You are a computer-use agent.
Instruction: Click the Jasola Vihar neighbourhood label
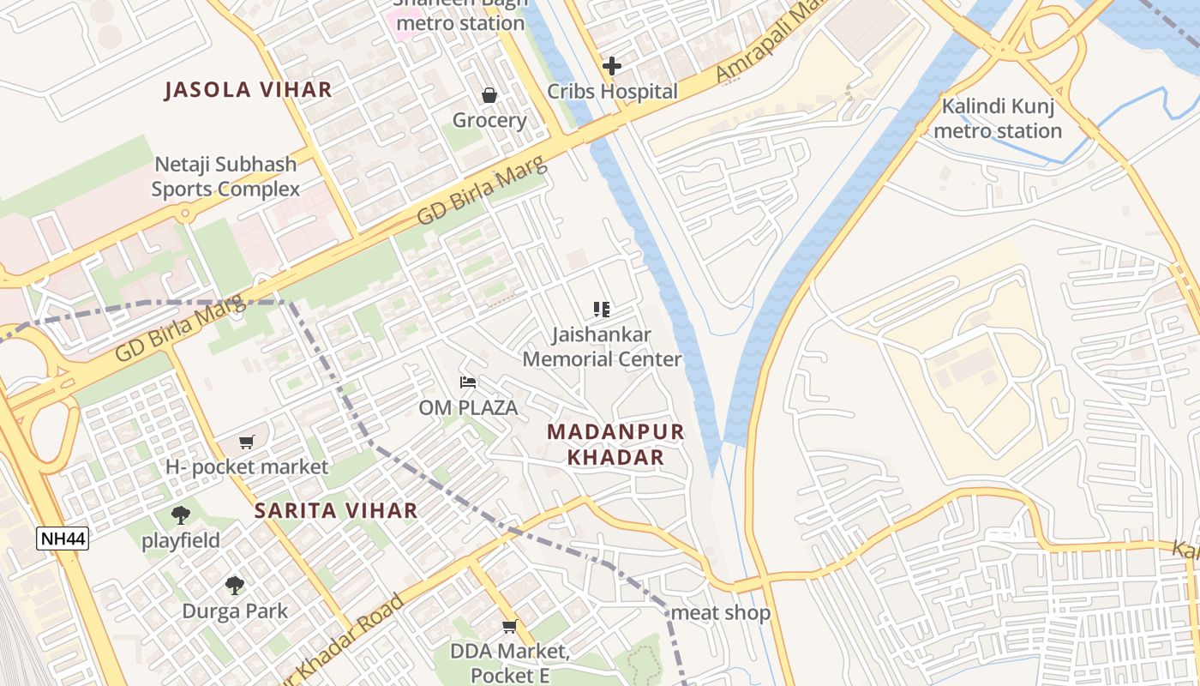click(248, 90)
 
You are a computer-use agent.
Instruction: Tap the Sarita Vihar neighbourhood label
click(336, 511)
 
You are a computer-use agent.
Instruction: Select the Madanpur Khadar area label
click(615, 444)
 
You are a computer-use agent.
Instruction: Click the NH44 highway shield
click(63, 539)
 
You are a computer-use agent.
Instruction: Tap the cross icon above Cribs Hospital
click(611, 66)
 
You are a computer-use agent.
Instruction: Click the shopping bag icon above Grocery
click(489, 95)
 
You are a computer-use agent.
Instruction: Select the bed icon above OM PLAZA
click(468, 382)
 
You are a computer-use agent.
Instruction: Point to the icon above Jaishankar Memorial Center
click(602, 310)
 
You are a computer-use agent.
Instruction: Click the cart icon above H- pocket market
click(247, 442)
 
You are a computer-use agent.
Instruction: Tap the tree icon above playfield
click(181, 515)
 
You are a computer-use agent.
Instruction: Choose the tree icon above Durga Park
click(235, 587)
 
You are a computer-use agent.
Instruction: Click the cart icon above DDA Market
click(510, 627)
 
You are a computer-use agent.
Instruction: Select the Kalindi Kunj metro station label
click(998, 119)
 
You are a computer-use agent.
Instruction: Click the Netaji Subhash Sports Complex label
click(225, 177)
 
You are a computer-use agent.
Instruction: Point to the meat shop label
click(720, 613)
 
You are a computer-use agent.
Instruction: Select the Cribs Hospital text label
click(612, 92)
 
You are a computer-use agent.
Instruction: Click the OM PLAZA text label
click(468, 408)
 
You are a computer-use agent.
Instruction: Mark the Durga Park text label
click(235, 611)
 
